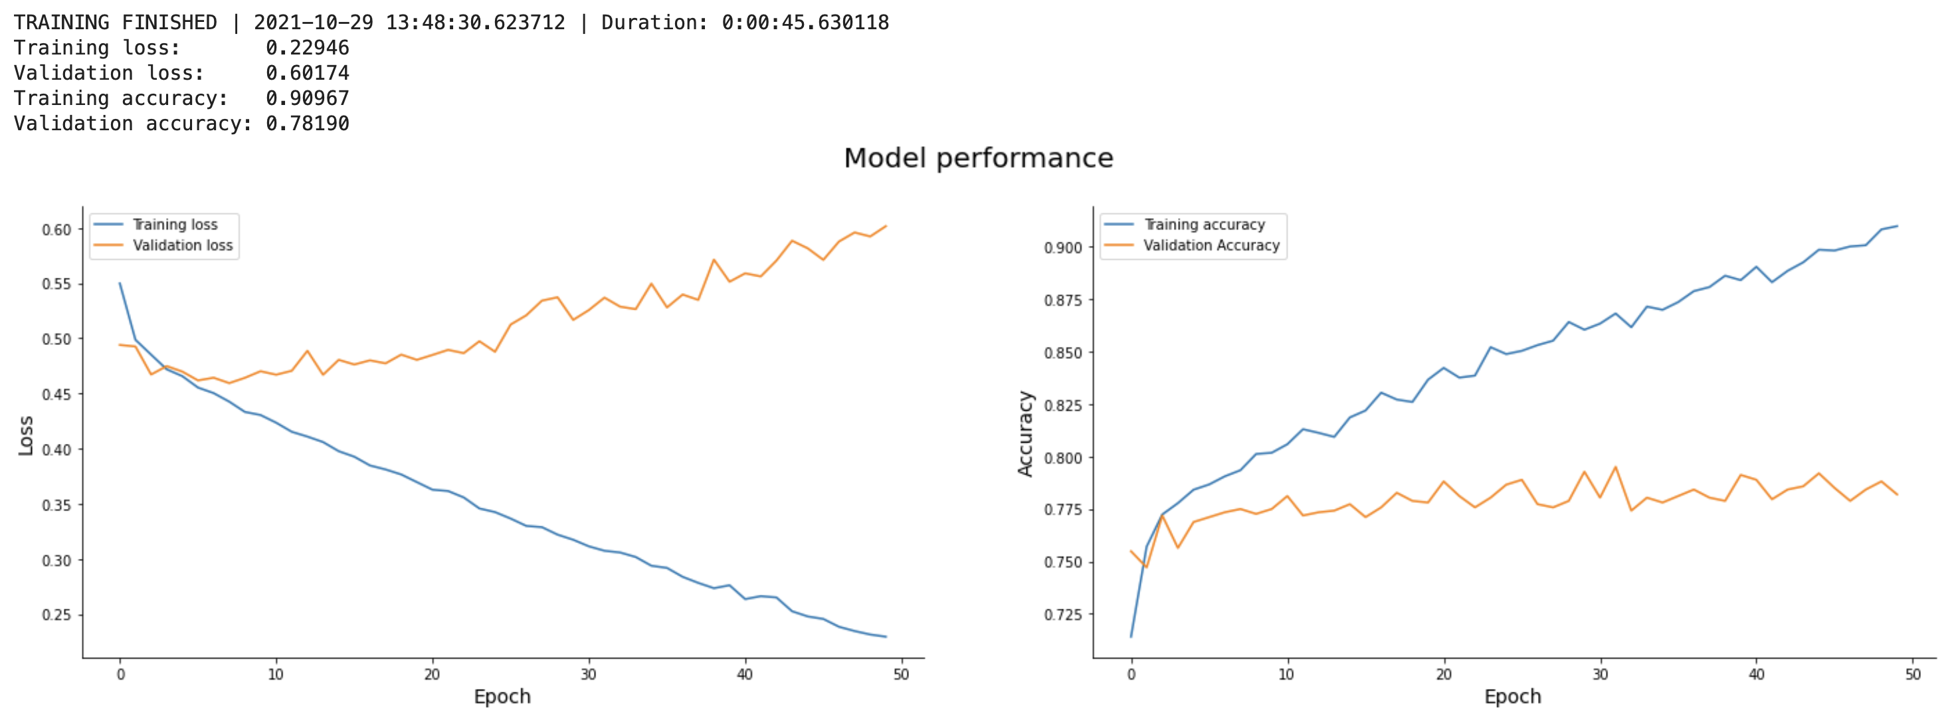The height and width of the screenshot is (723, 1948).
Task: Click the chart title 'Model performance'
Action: tap(978, 158)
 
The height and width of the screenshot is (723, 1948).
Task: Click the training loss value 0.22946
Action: tap(307, 48)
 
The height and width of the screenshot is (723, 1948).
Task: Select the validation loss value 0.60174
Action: tap(307, 73)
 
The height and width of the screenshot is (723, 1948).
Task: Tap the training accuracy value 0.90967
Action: tap(307, 98)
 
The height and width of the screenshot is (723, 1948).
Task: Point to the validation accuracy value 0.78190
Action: tap(307, 124)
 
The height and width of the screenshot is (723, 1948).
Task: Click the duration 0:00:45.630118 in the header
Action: tap(805, 23)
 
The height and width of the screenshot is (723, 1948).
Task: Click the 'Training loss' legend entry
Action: tap(175, 225)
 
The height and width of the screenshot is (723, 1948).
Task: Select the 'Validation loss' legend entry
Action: tap(182, 246)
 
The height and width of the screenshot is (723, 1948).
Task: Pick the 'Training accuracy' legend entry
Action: tap(1204, 225)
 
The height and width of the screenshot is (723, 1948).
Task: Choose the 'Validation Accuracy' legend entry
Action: tap(1211, 246)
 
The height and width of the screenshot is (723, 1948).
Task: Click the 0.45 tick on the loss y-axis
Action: tap(56, 394)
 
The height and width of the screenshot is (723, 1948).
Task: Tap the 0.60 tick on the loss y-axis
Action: tap(56, 230)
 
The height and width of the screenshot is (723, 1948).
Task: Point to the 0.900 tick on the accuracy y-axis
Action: tap(1062, 248)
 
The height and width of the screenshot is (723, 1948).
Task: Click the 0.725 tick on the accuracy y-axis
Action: tap(1062, 615)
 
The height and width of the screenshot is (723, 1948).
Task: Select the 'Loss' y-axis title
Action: tap(27, 436)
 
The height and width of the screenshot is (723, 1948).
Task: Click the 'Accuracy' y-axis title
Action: tap(1025, 433)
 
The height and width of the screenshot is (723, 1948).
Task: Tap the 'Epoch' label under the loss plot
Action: tap(502, 696)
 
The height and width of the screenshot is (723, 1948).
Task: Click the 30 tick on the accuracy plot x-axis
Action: tap(1600, 674)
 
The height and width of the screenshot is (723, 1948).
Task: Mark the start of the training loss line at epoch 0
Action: tap(120, 284)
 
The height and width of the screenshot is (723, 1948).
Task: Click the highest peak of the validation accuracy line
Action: tap(1616, 466)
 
